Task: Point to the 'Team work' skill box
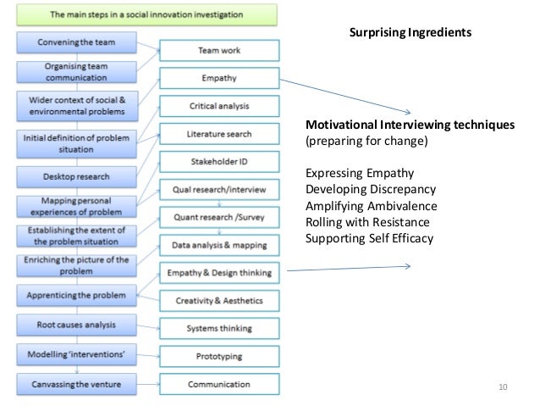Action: (219, 51)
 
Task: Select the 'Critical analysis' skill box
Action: (219, 106)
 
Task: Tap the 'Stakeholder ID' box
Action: (219, 161)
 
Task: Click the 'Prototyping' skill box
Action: (219, 356)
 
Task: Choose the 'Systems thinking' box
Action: (219, 328)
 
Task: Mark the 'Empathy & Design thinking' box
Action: (219, 273)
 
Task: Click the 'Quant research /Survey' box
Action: (219, 217)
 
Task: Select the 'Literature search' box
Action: (219, 134)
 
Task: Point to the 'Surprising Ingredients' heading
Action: (411, 32)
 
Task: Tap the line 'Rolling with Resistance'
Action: (365, 222)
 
